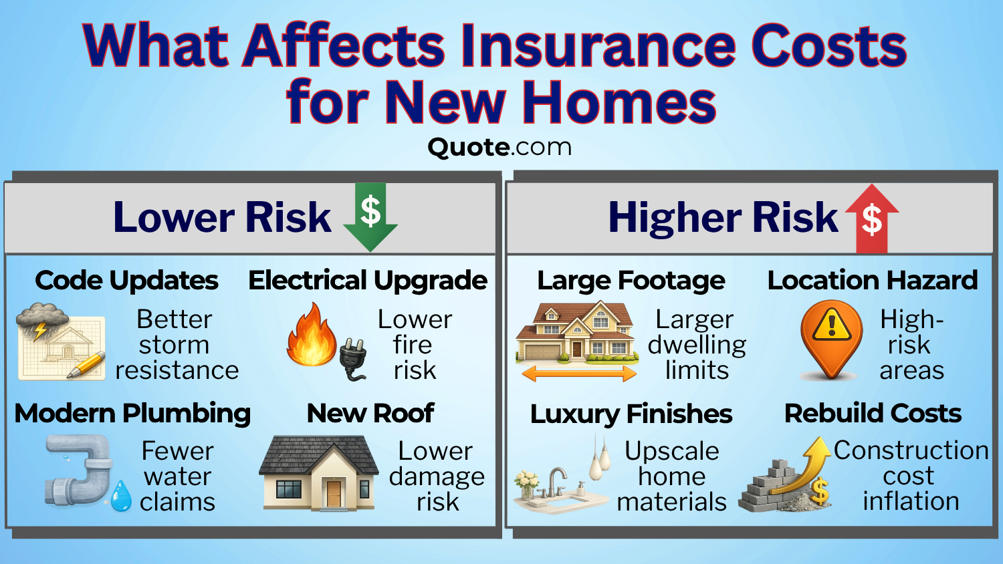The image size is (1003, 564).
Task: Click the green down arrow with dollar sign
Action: tap(370, 215)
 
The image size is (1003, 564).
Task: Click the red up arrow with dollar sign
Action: tap(872, 218)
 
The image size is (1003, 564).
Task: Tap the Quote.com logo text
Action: tap(499, 146)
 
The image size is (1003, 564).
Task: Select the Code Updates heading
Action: tap(126, 281)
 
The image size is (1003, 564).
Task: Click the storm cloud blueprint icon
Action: tap(60, 342)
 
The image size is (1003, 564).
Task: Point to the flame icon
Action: tap(312, 335)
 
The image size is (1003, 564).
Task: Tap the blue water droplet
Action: tap(121, 496)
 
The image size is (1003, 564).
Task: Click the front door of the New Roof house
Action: tap(334, 493)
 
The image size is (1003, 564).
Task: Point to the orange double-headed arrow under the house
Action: tap(578, 374)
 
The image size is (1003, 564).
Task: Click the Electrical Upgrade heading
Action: tap(367, 281)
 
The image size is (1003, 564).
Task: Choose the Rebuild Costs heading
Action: tap(873, 414)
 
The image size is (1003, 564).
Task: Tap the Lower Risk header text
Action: tap(222, 217)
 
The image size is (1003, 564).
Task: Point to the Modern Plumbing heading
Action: tap(132, 414)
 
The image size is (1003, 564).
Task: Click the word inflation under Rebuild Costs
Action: tap(911, 501)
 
